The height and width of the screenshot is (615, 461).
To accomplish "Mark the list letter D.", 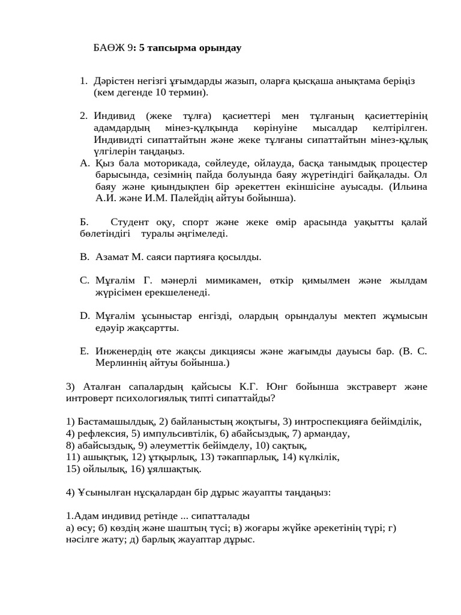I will pos(84,315).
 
